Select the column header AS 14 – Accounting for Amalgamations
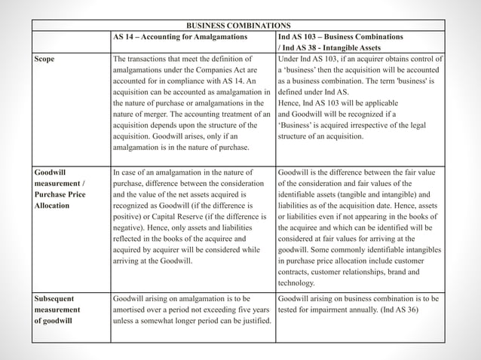[192, 37]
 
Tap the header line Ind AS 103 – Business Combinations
[340, 37]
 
